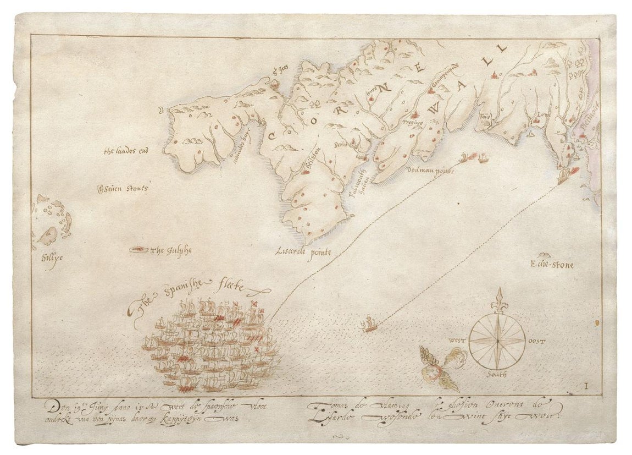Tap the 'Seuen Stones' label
tap(125, 189)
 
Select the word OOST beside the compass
tap(536, 341)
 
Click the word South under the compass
tap(497, 375)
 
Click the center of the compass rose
tap(497, 341)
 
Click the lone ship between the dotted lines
tap(369, 324)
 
